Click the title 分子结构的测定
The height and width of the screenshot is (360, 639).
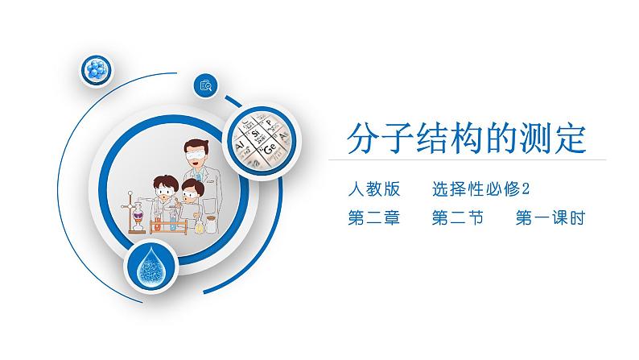tap(467, 139)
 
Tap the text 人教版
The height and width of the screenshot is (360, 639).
tap(374, 189)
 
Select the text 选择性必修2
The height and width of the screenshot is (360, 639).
tap(480, 189)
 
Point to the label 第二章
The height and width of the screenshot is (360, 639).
tap(374, 217)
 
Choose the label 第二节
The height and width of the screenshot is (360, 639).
tap(458, 217)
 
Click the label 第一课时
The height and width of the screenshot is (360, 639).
tap(550, 217)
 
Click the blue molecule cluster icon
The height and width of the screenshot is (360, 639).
tap(97, 70)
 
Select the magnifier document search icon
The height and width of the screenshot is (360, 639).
tap(206, 85)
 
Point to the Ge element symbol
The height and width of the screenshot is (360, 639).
tap(270, 147)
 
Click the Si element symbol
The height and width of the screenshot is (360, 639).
tap(255, 134)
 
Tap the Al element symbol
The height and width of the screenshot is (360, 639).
tap(241, 146)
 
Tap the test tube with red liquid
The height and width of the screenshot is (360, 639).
tap(158, 222)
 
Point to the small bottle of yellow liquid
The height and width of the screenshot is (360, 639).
tap(199, 225)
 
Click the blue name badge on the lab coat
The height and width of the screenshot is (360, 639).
tap(198, 176)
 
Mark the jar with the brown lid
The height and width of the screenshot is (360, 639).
tap(211, 224)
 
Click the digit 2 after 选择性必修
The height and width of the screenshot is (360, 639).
tap(526, 189)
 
